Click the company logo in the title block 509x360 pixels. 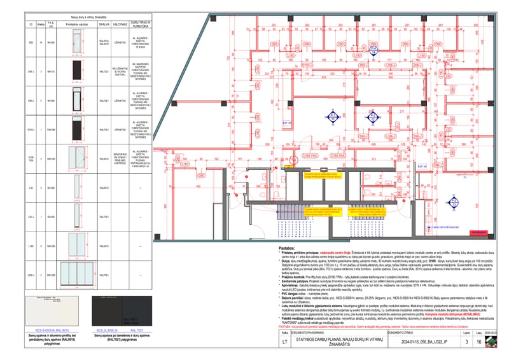click(x=493, y=341)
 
